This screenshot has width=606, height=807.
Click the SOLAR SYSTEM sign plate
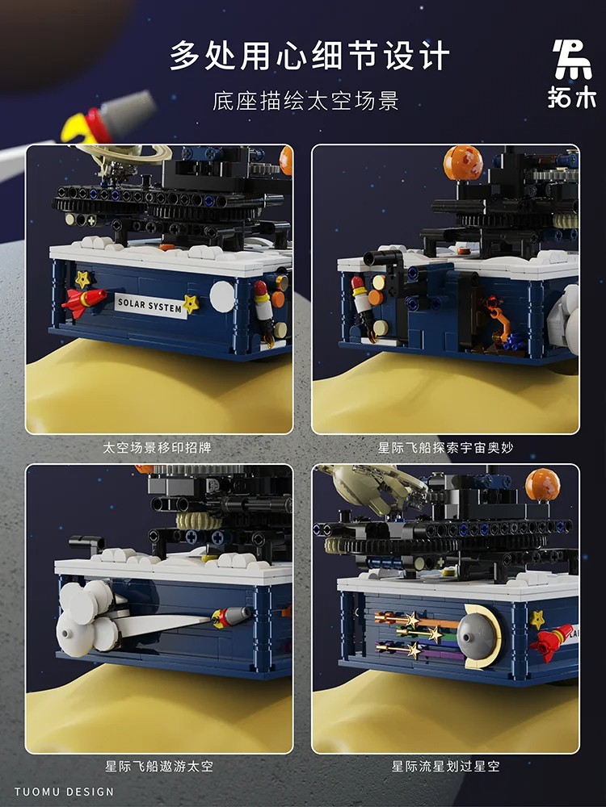point(149,304)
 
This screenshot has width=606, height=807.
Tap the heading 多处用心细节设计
point(309,56)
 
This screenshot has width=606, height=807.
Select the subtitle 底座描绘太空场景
point(306,102)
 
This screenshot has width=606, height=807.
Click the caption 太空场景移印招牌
point(158,446)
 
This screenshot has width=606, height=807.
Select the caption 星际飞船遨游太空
point(158,766)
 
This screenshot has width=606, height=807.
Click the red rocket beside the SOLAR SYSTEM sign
point(83,301)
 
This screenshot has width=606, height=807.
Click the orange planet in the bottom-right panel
point(542,484)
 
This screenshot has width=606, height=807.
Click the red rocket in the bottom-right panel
point(553,642)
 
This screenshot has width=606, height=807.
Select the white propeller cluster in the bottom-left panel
point(87,617)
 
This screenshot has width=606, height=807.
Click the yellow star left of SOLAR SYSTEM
point(82,279)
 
